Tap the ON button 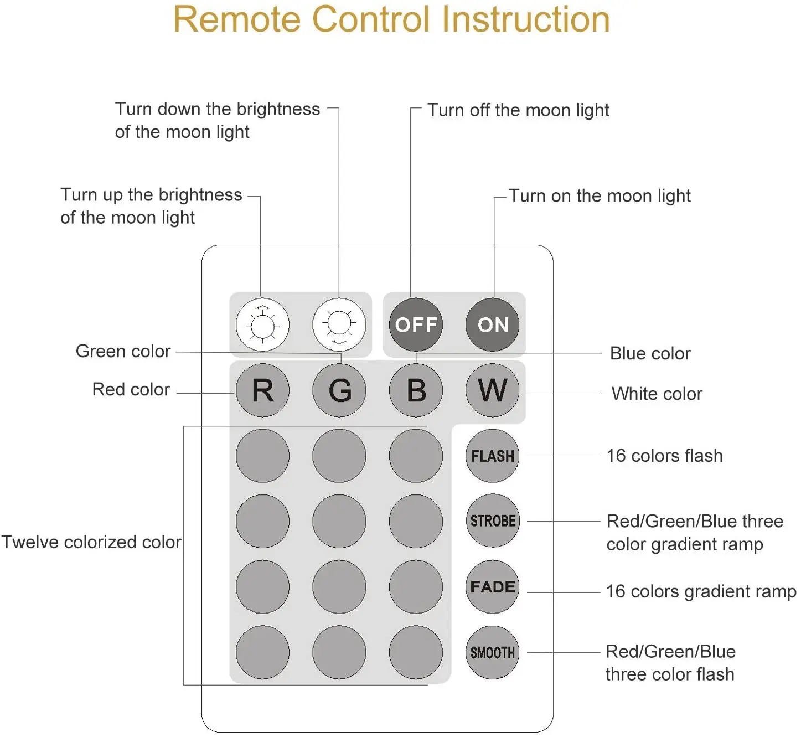(x=492, y=324)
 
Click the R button (x=263, y=390)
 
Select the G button (x=339, y=390)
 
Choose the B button (x=416, y=390)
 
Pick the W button (x=492, y=390)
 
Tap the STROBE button (x=493, y=521)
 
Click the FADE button (x=492, y=587)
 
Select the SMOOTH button (x=492, y=652)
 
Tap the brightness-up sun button (x=263, y=324)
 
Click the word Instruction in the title (x=526, y=19)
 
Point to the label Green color (x=123, y=352)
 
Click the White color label (x=657, y=394)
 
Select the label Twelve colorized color (x=91, y=543)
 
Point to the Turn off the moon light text (x=518, y=111)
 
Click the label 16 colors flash (x=664, y=456)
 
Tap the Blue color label (x=650, y=353)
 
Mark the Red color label (x=131, y=389)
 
